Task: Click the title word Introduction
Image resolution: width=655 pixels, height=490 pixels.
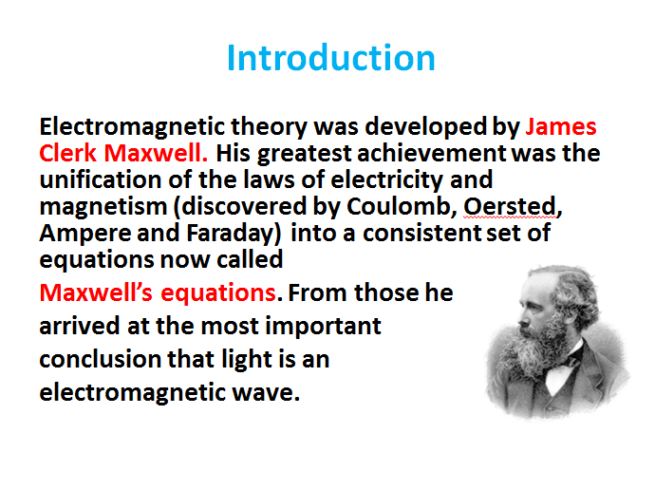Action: click(330, 58)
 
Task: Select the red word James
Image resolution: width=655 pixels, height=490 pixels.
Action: click(561, 127)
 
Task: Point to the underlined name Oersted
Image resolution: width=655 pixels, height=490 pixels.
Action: click(504, 205)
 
